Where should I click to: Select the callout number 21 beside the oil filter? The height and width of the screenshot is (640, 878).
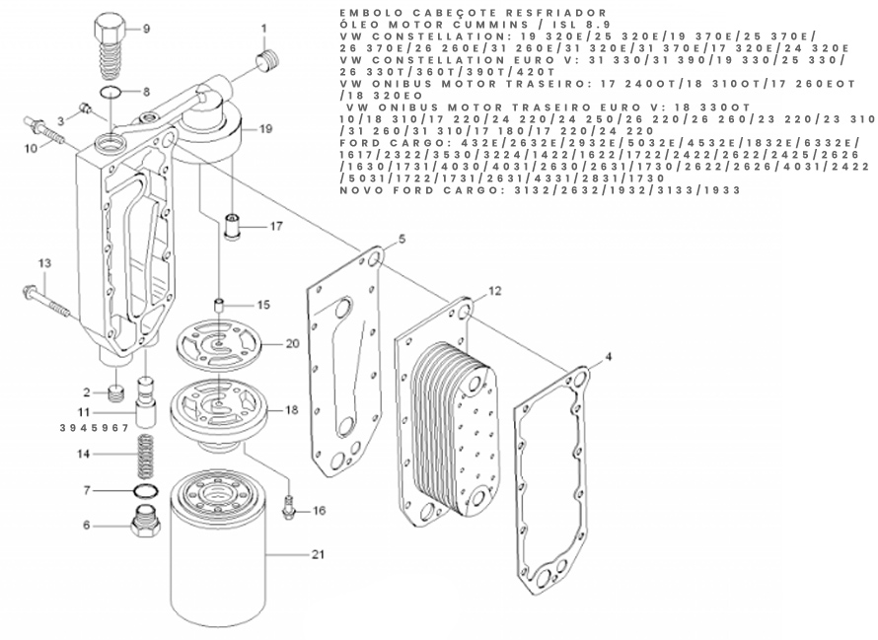[318, 555]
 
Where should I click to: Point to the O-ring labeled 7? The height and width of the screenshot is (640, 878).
[147, 491]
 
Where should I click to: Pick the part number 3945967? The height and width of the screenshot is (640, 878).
[94, 428]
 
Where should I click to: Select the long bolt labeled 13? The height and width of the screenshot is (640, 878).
[47, 302]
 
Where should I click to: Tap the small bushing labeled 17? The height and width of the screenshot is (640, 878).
[233, 225]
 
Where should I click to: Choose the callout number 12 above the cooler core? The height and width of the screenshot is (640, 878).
[494, 291]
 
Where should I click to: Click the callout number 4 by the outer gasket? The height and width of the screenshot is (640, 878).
[609, 356]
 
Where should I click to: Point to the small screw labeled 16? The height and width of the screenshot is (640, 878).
[289, 507]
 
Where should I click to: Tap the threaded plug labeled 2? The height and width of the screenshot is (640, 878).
[114, 393]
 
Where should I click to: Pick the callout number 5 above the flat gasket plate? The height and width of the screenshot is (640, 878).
[402, 239]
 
